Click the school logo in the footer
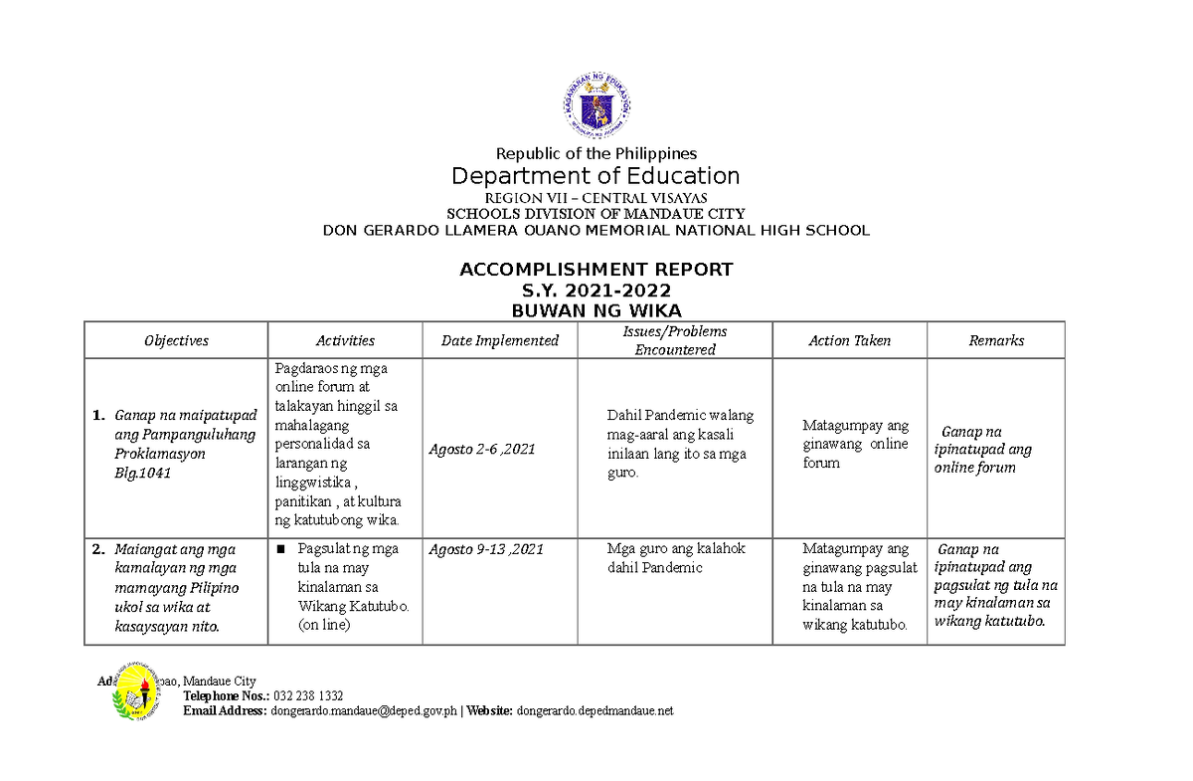135,693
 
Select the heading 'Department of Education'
596,176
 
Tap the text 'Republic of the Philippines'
596,153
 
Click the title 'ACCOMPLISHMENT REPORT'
596,270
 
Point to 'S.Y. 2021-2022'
596,291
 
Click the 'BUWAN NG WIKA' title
596,310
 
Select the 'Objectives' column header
176,340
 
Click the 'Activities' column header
345,340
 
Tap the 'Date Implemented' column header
500,340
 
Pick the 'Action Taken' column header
849,340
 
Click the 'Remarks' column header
996,340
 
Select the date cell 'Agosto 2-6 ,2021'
482,449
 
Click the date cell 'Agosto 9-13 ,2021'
486,549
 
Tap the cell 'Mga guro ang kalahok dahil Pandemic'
675,558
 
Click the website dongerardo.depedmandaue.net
596,710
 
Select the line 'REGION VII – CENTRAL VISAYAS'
596,198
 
